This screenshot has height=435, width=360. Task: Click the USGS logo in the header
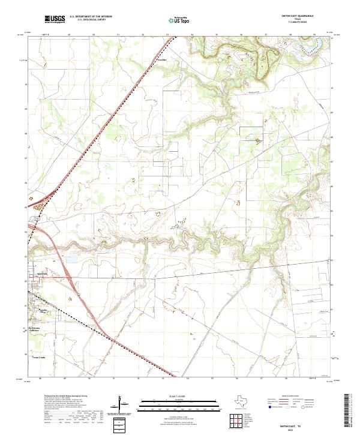click(55, 20)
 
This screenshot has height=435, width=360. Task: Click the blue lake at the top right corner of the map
click(314, 41)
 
